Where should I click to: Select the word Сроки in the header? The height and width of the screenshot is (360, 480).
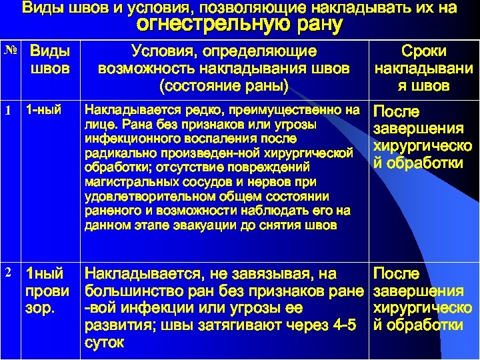pos(423,51)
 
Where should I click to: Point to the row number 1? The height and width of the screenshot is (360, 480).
pos(8,111)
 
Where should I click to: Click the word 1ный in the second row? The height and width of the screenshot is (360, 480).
pos(44,273)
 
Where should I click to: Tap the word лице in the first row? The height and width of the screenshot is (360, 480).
pos(98,125)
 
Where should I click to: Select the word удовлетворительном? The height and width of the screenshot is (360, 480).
pos(143,197)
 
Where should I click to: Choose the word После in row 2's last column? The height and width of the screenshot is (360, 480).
pos(397,273)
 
